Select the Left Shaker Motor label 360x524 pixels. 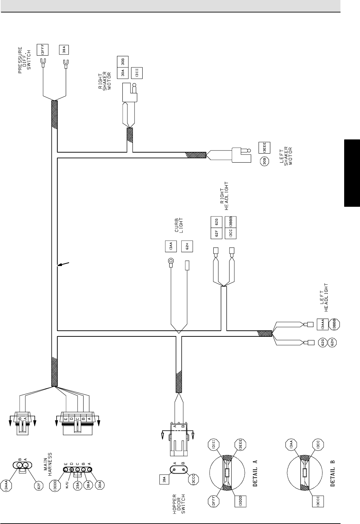coord(287,155)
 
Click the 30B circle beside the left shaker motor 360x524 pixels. coord(264,162)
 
